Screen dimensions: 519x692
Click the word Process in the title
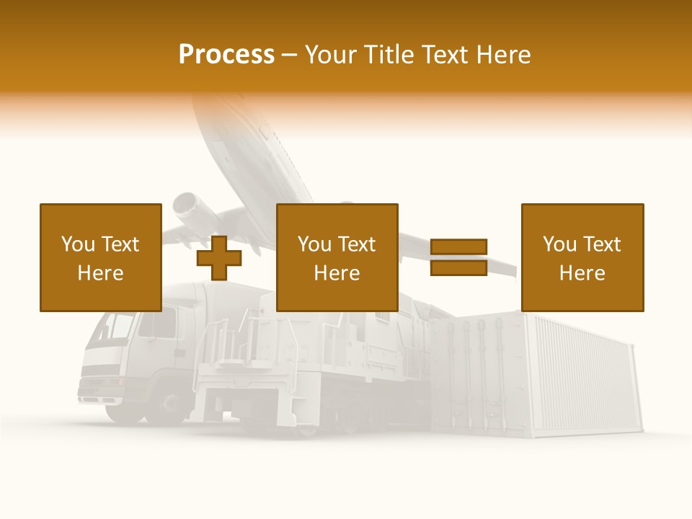226,55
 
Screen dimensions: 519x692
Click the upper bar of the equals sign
458,247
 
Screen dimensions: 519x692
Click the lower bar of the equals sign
458,267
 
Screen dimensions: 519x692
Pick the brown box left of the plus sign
100,257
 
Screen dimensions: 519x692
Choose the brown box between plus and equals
337,257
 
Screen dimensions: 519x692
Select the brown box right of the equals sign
582,257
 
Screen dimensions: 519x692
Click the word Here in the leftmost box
100,273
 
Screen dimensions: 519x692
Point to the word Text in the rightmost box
601,244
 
